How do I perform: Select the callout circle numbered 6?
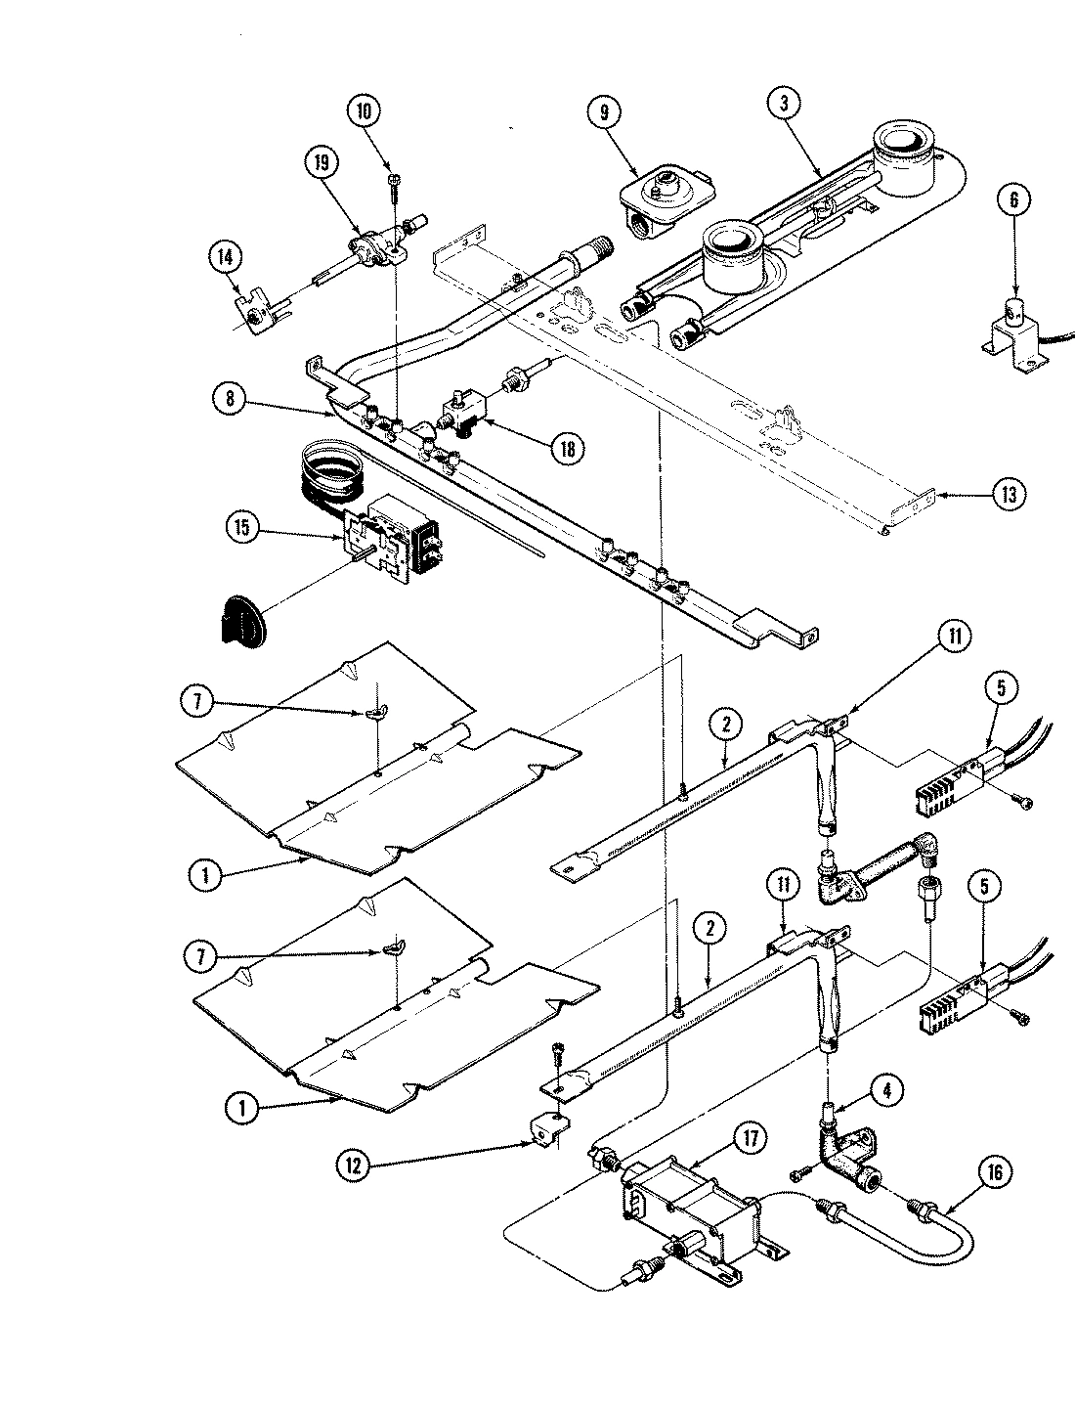[1013, 199]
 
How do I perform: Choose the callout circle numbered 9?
[604, 112]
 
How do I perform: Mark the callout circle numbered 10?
[364, 110]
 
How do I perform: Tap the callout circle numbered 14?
[225, 257]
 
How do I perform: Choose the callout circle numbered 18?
[566, 448]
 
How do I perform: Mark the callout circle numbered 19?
[322, 163]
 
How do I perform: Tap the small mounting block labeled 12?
[552, 1128]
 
